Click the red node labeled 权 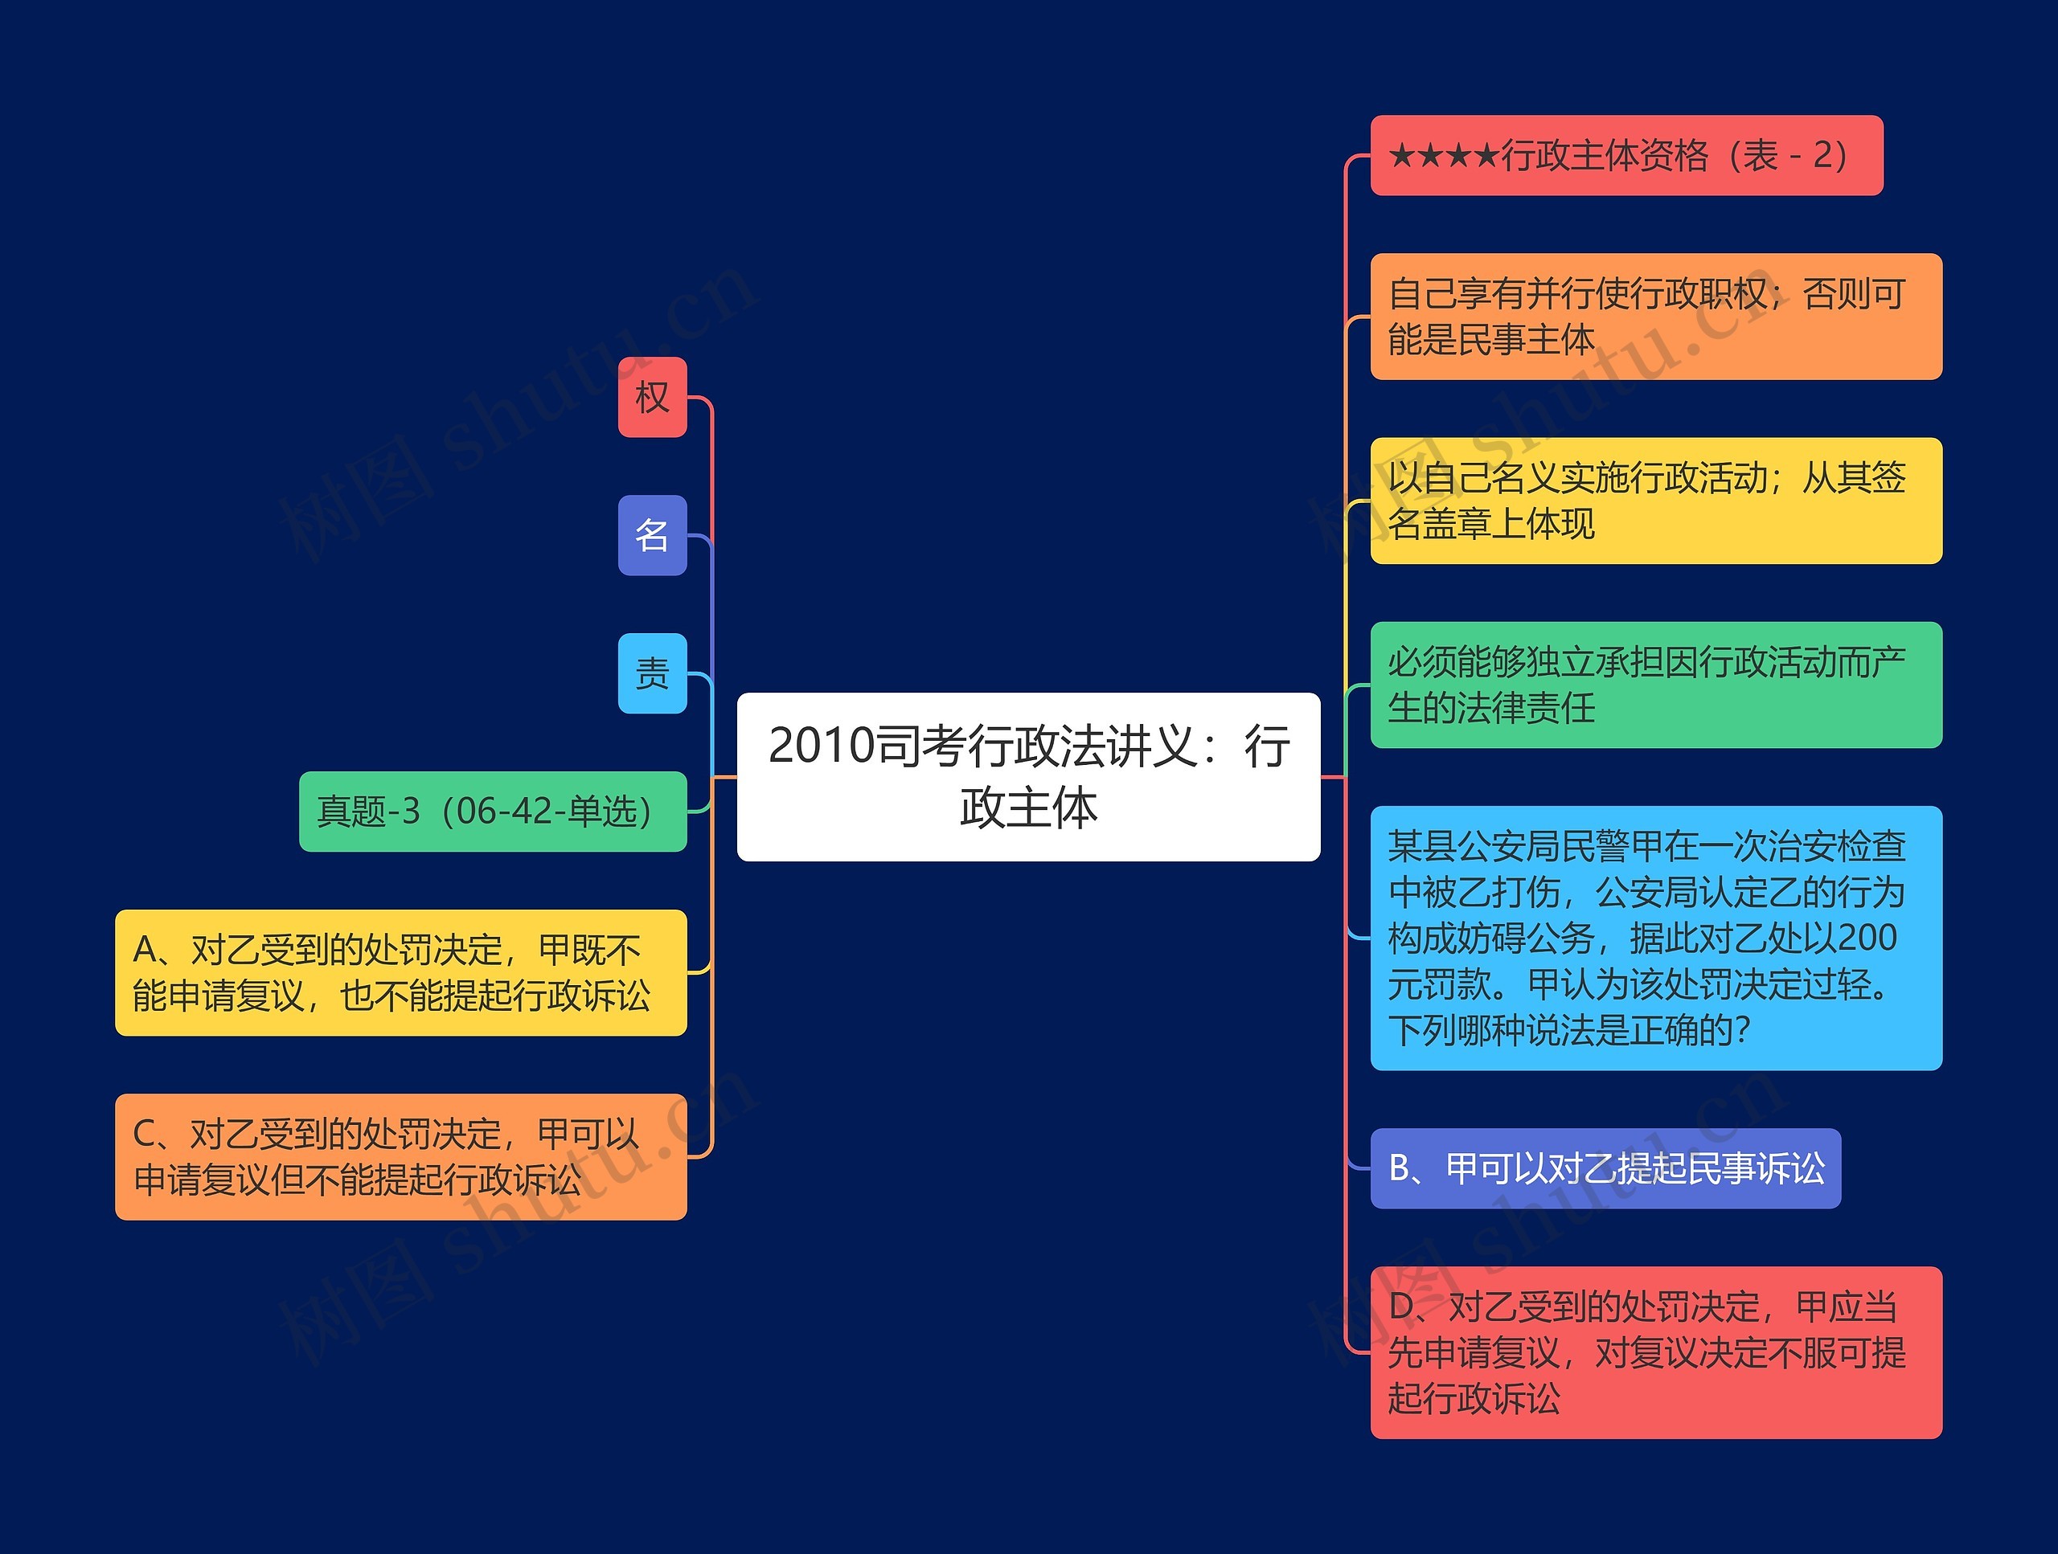click(652, 397)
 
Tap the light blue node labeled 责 click(652, 673)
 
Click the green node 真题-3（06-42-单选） click(492, 811)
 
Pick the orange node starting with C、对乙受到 click(400, 1156)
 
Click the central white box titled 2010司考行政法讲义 click(1028, 776)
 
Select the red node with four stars click(1625, 155)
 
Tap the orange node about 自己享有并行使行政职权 click(1655, 317)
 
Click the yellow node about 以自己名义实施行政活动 click(1655, 501)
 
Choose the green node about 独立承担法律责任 click(1655, 685)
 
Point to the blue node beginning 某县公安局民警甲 click(1655, 938)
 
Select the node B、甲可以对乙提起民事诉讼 click(1605, 1168)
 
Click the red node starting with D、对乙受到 click(1655, 1352)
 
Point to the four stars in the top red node click(1444, 155)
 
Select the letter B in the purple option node click(1400, 1168)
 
